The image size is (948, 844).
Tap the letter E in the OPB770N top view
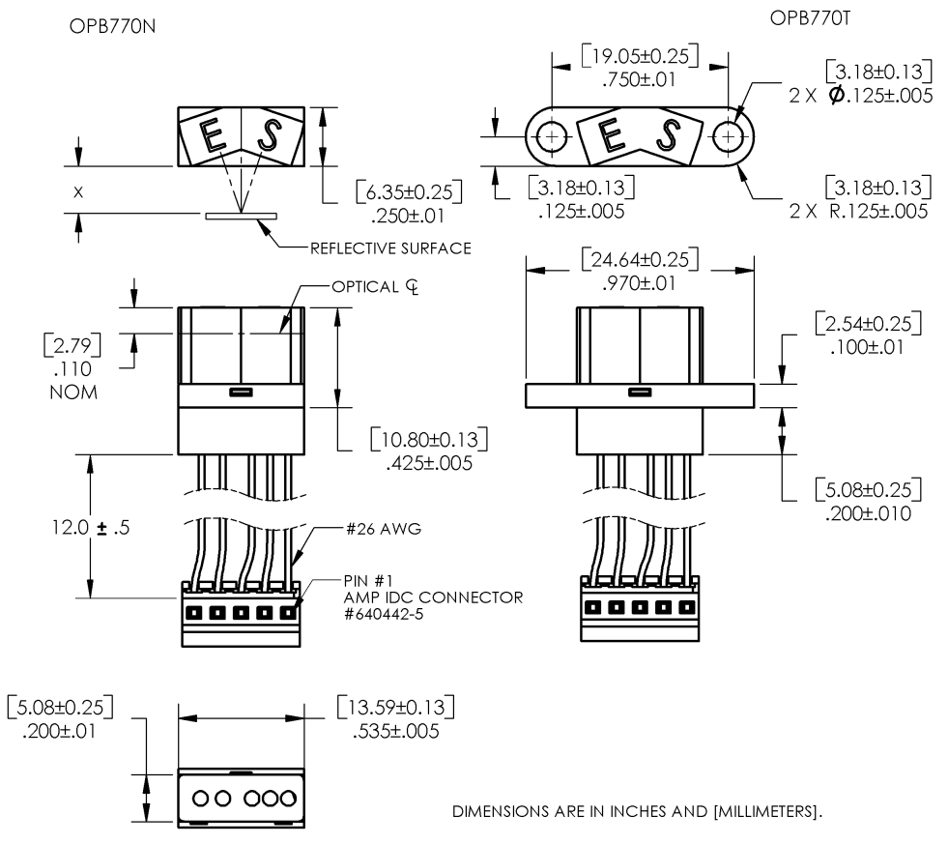point(213,136)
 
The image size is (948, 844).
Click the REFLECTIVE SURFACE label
point(390,248)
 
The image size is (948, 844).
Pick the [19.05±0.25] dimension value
point(640,54)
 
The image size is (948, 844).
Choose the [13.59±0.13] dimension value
point(397,706)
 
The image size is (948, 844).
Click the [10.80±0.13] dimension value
point(429,441)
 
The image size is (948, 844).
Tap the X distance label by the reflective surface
point(78,192)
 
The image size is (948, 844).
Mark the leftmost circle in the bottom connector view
point(201,799)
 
